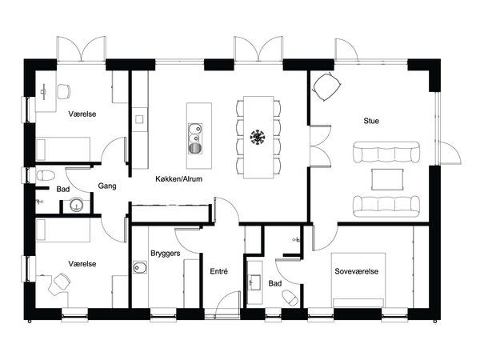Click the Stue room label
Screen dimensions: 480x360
371,121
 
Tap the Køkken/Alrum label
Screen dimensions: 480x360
178,178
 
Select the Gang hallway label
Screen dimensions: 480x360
107,186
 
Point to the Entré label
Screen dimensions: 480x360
219,271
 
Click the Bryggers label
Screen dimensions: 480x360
166,254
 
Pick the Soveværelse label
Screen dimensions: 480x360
356,271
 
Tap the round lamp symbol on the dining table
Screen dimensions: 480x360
258,137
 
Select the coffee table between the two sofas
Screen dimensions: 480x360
386,179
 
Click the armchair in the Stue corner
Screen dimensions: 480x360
327,86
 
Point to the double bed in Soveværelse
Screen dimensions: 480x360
358,280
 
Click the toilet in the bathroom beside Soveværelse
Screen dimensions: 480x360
290,298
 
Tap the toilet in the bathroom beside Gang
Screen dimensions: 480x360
46,176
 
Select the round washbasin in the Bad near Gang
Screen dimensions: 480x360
76,206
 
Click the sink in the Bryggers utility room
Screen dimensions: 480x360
140,267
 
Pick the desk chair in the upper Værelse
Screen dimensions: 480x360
64,91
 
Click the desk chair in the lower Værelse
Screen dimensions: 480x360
62,281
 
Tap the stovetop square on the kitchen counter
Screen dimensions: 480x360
139,119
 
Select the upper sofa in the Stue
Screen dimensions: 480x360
386,152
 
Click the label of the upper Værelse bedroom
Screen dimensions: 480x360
82,114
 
